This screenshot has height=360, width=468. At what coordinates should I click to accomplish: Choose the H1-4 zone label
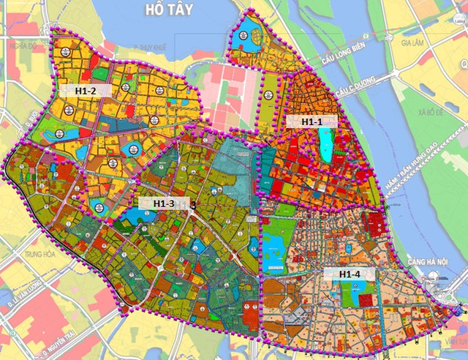(354, 274)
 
